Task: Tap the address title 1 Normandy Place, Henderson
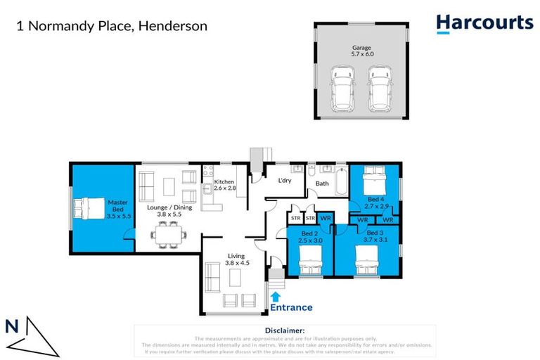(112, 27)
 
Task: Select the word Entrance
(291, 307)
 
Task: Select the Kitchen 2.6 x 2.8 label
(224, 186)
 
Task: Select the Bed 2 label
(311, 237)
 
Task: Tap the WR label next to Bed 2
(326, 219)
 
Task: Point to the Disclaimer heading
(285, 330)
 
